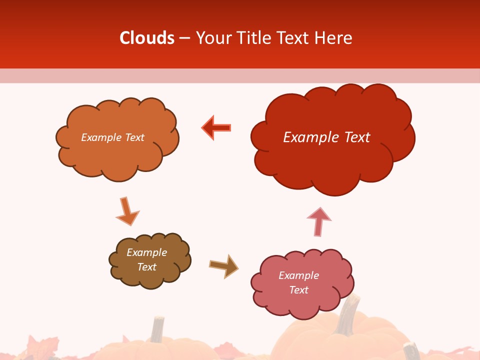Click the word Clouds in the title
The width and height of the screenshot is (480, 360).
(147, 38)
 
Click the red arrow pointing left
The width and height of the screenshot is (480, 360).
(216, 127)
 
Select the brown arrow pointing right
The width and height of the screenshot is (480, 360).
(223, 265)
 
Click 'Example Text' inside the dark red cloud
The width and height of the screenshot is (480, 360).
(326, 137)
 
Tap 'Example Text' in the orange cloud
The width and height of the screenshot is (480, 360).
(112, 137)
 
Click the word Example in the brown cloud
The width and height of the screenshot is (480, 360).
(146, 252)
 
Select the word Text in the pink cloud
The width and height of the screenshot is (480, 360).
(298, 290)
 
